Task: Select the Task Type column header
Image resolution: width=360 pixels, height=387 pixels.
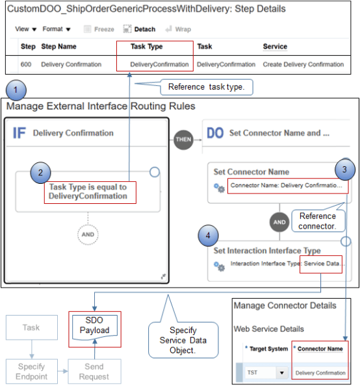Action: point(146,47)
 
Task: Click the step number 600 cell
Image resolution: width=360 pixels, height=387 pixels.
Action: point(28,64)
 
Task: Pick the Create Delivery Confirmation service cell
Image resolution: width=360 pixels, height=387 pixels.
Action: point(303,64)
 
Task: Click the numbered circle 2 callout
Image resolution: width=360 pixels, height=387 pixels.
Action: point(40,173)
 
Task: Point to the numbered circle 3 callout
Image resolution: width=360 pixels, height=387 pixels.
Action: point(345,171)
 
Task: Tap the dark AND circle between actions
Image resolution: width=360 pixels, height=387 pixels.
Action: point(279,221)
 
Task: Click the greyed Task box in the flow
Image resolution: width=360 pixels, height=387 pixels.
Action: point(32,327)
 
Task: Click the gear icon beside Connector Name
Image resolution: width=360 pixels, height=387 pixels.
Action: point(220,188)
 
